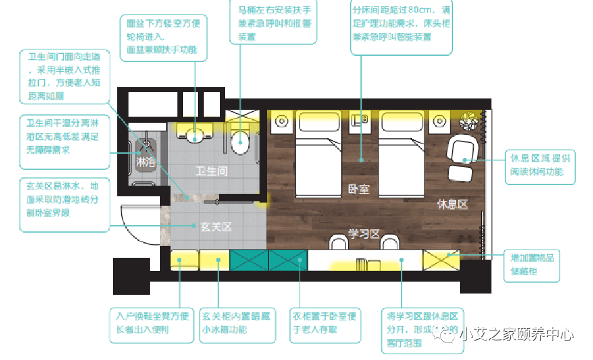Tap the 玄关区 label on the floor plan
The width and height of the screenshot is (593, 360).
click(216, 226)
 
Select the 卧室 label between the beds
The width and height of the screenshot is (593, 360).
click(359, 188)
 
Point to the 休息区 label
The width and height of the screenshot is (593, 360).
click(453, 204)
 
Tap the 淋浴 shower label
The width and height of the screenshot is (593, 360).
click(147, 162)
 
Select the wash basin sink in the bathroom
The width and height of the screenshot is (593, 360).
click(196, 133)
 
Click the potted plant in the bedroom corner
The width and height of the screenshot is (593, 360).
click(468, 119)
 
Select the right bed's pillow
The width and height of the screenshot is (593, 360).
click(402, 119)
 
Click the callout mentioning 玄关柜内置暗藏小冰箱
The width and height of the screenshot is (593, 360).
click(238, 322)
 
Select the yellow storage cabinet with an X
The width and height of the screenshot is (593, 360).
click(441, 259)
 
